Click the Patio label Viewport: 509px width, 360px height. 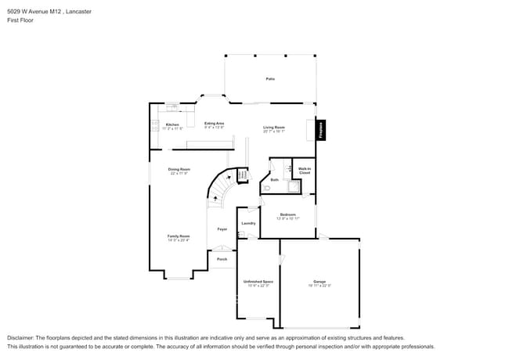pyautogui.click(x=270, y=79)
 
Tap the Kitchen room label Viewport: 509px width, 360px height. pyautogui.click(x=172, y=124)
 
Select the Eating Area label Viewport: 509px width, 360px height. pyautogui.click(x=215, y=124)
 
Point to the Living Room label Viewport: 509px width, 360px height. pyautogui.click(x=273, y=128)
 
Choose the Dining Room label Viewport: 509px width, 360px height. pyautogui.click(x=179, y=169)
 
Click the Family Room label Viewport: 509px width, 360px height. pyautogui.click(x=179, y=236)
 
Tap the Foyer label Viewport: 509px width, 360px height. pyautogui.click(x=222, y=229)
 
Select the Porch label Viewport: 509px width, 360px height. pyautogui.click(x=222, y=259)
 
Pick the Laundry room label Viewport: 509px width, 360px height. pyautogui.click(x=248, y=223)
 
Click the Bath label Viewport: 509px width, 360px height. pyautogui.click(x=275, y=180)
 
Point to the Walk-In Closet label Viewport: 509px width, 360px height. pyautogui.click(x=305, y=171)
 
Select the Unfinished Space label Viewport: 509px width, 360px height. pyautogui.click(x=258, y=282)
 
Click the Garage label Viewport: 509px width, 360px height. pyautogui.click(x=319, y=282)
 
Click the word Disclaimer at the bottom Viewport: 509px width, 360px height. pyautogui.click(x=21, y=337)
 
